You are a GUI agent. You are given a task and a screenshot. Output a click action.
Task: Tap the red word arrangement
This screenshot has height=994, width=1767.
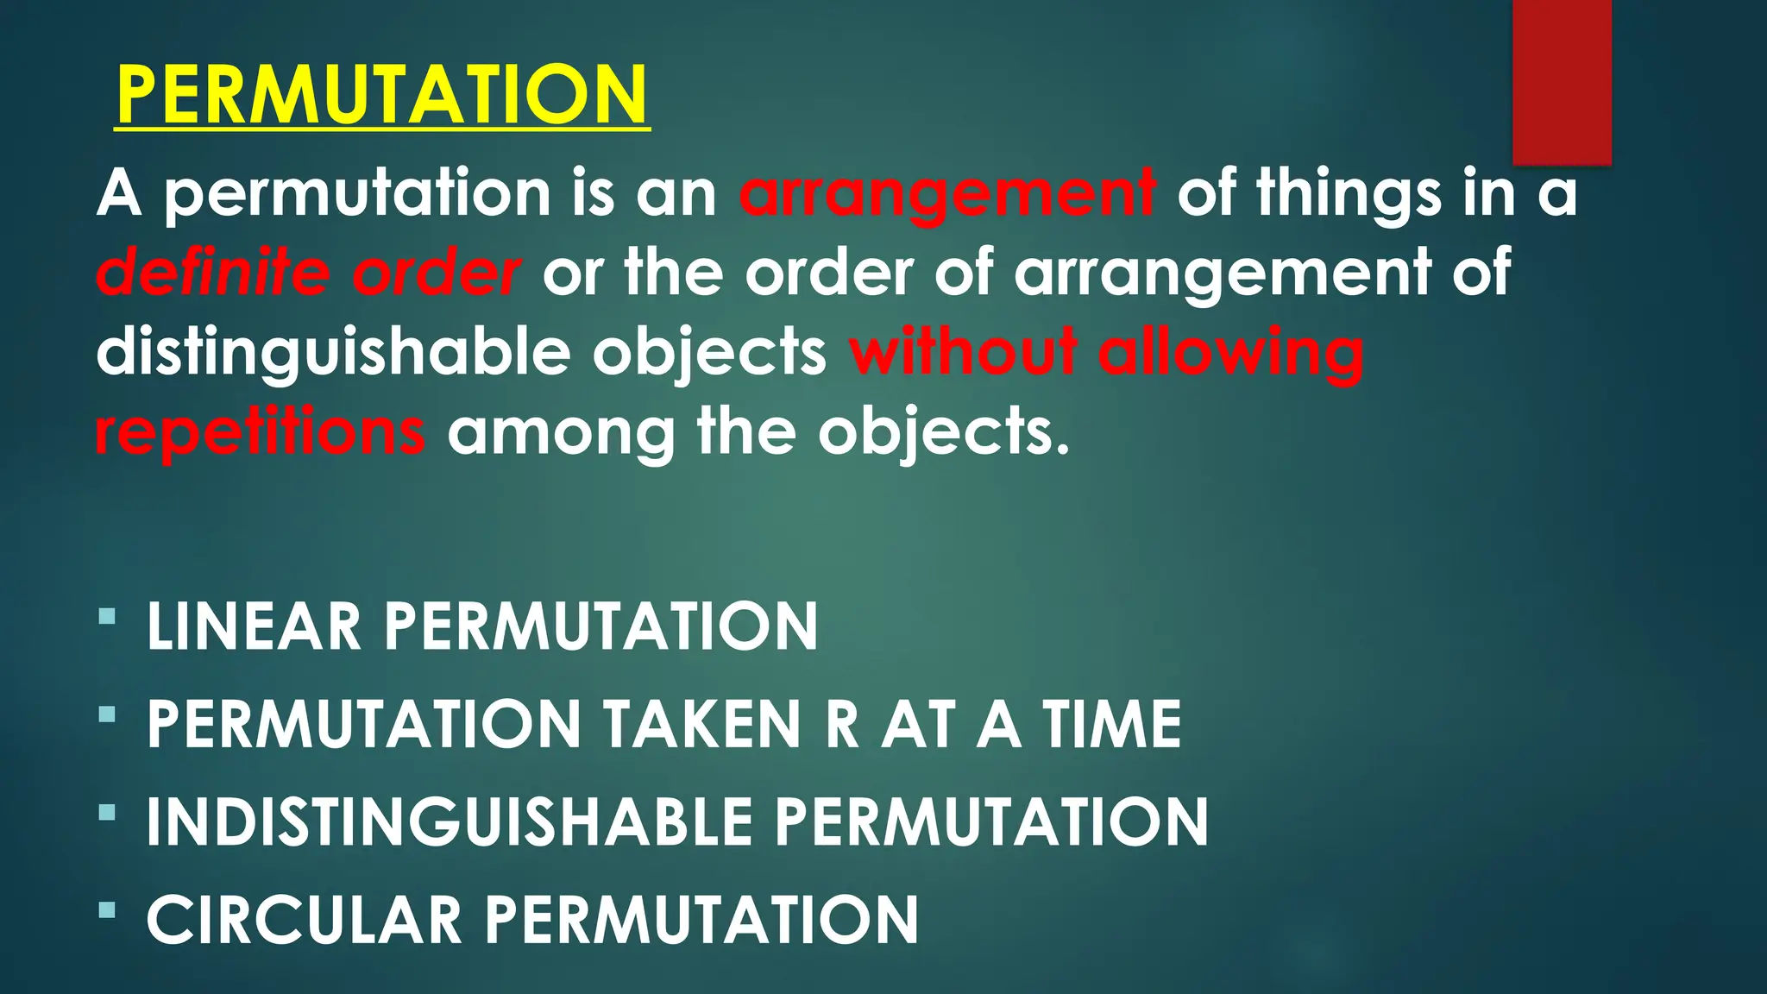coord(946,193)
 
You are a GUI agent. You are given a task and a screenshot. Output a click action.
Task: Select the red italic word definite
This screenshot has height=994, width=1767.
coord(212,273)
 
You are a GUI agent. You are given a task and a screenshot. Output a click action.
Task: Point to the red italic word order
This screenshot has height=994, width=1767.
coord(437,273)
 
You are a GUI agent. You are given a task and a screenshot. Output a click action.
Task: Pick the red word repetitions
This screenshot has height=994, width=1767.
coord(260,431)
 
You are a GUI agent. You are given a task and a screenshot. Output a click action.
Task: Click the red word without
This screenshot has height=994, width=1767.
coord(963,352)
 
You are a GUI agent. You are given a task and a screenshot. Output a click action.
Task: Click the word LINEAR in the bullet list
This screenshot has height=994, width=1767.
coord(254,626)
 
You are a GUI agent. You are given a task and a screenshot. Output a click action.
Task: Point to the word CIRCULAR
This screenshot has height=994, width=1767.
coord(305,920)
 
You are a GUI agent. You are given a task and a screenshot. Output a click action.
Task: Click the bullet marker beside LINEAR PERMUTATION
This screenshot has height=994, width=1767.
coord(107,617)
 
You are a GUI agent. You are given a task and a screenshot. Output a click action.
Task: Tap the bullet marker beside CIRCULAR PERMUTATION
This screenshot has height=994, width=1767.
coord(107,909)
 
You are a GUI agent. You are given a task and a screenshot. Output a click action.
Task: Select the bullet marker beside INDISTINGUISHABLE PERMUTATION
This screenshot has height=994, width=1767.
coord(107,812)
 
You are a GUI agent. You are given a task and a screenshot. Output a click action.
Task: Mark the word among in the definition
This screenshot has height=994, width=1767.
coord(561,431)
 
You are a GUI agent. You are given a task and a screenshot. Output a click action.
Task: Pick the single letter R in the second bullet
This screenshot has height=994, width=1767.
coord(842,724)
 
